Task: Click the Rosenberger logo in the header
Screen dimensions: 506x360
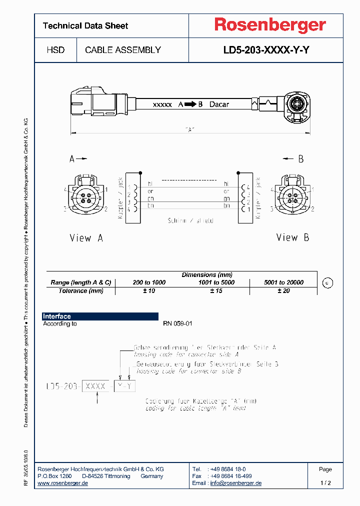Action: coord(270,25)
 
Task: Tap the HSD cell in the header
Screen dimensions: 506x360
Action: coord(55,50)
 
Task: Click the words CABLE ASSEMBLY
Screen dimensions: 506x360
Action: coord(123,50)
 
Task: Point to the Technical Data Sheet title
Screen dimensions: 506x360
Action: coord(85,26)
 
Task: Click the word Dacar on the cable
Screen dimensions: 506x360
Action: coord(219,104)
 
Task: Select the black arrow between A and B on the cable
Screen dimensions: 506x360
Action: coord(190,104)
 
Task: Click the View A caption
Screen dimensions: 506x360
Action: coord(86,238)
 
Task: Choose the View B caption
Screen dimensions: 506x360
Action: coord(292,237)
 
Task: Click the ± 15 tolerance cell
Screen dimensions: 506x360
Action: coord(216,291)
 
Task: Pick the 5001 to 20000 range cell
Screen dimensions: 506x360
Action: coord(283,282)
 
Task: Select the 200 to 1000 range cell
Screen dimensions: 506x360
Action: coord(149,282)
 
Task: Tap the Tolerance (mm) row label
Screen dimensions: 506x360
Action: coord(80,291)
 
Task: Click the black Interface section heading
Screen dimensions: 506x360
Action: coord(57,316)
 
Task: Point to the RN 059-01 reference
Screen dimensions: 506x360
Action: coord(177,324)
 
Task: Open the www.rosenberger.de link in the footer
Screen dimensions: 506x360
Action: coord(63,483)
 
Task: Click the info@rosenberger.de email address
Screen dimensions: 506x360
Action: coord(235,483)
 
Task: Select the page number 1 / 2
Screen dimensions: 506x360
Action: coord(325,483)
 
